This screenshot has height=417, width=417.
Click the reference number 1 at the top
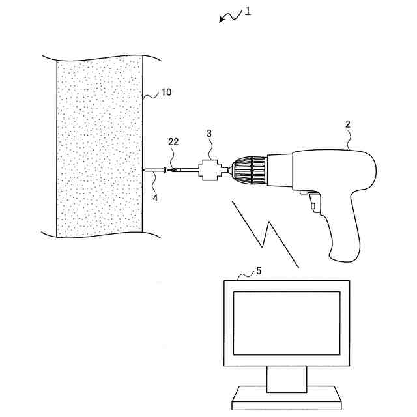(248, 11)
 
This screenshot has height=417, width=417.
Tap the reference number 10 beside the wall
(166, 93)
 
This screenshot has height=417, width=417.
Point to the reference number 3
(209, 134)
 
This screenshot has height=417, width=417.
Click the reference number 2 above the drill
(348, 124)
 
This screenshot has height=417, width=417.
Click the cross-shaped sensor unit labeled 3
(209, 171)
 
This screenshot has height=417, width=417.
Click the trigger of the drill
(313, 202)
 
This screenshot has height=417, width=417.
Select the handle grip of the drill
(345, 228)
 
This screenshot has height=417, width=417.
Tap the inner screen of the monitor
(287, 323)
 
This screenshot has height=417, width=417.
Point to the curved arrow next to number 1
(229, 16)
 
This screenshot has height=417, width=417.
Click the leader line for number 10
(151, 96)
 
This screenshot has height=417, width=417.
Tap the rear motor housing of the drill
(332, 169)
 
